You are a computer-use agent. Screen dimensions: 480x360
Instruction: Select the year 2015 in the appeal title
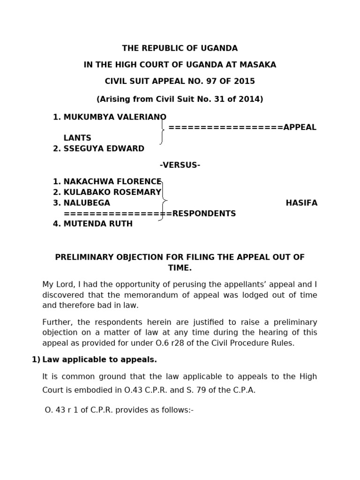[x=245, y=81]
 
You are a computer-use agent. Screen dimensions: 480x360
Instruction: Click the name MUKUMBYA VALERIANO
[x=115, y=117]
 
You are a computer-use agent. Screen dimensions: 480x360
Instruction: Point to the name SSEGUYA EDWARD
[x=104, y=149]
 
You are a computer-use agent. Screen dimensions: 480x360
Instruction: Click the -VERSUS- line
[x=180, y=165]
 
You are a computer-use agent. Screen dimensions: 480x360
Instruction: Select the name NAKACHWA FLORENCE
[x=112, y=181]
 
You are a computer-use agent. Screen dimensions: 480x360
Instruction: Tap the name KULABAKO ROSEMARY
[x=112, y=192]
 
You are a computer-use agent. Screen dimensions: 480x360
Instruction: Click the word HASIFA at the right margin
[x=301, y=203]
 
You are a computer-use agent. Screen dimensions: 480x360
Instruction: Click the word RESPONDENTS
[x=204, y=213]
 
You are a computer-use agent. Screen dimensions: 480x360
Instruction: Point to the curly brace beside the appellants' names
[x=162, y=130]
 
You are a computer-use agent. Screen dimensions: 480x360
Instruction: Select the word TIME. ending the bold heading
[x=180, y=268]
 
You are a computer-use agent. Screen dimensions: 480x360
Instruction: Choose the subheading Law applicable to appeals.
[x=99, y=360]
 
